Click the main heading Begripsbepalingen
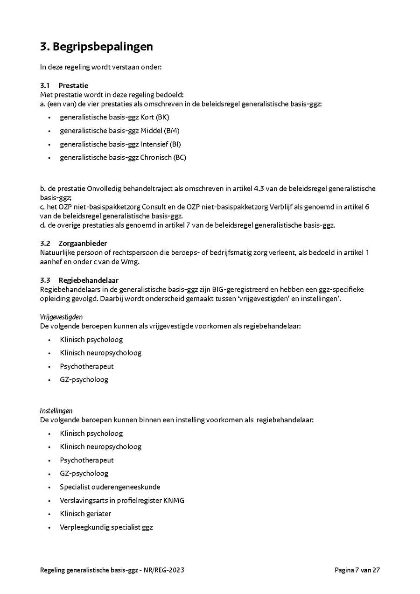(x=103, y=47)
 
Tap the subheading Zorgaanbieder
(x=83, y=244)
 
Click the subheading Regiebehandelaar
(x=88, y=280)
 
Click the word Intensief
(x=154, y=144)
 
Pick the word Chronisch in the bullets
(x=156, y=158)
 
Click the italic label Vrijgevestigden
(x=61, y=317)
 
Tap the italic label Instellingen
(x=56, y=411)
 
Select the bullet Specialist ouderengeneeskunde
(x=110, y=487)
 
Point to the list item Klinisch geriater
(x=85, y=514)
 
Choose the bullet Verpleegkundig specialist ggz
(x=106, y=527)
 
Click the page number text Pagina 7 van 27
(x=357, y=570)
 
